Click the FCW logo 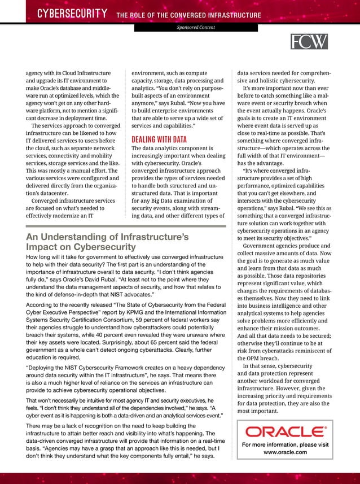tap(309, 41)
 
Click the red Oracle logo tap(285, 432)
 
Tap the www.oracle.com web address tap(285, 453)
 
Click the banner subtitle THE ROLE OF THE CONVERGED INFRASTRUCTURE tap(188, 15)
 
